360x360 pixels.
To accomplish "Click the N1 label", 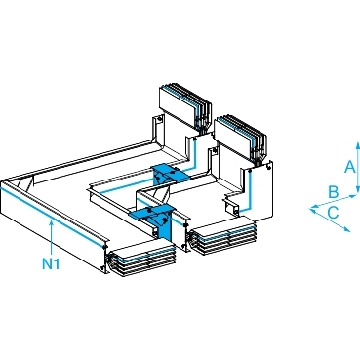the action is (x=51, y=263).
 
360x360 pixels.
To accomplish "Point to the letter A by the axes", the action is (x=350, y=167).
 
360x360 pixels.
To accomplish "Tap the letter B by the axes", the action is (x=334, y=192).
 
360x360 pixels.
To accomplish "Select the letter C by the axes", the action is (x=333, y=213).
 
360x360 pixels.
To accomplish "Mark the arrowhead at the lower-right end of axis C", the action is (x=347, y=229).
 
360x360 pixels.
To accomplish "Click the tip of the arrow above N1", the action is (x=52, y=220).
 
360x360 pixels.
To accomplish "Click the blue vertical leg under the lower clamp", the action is (x=165, y=230).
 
